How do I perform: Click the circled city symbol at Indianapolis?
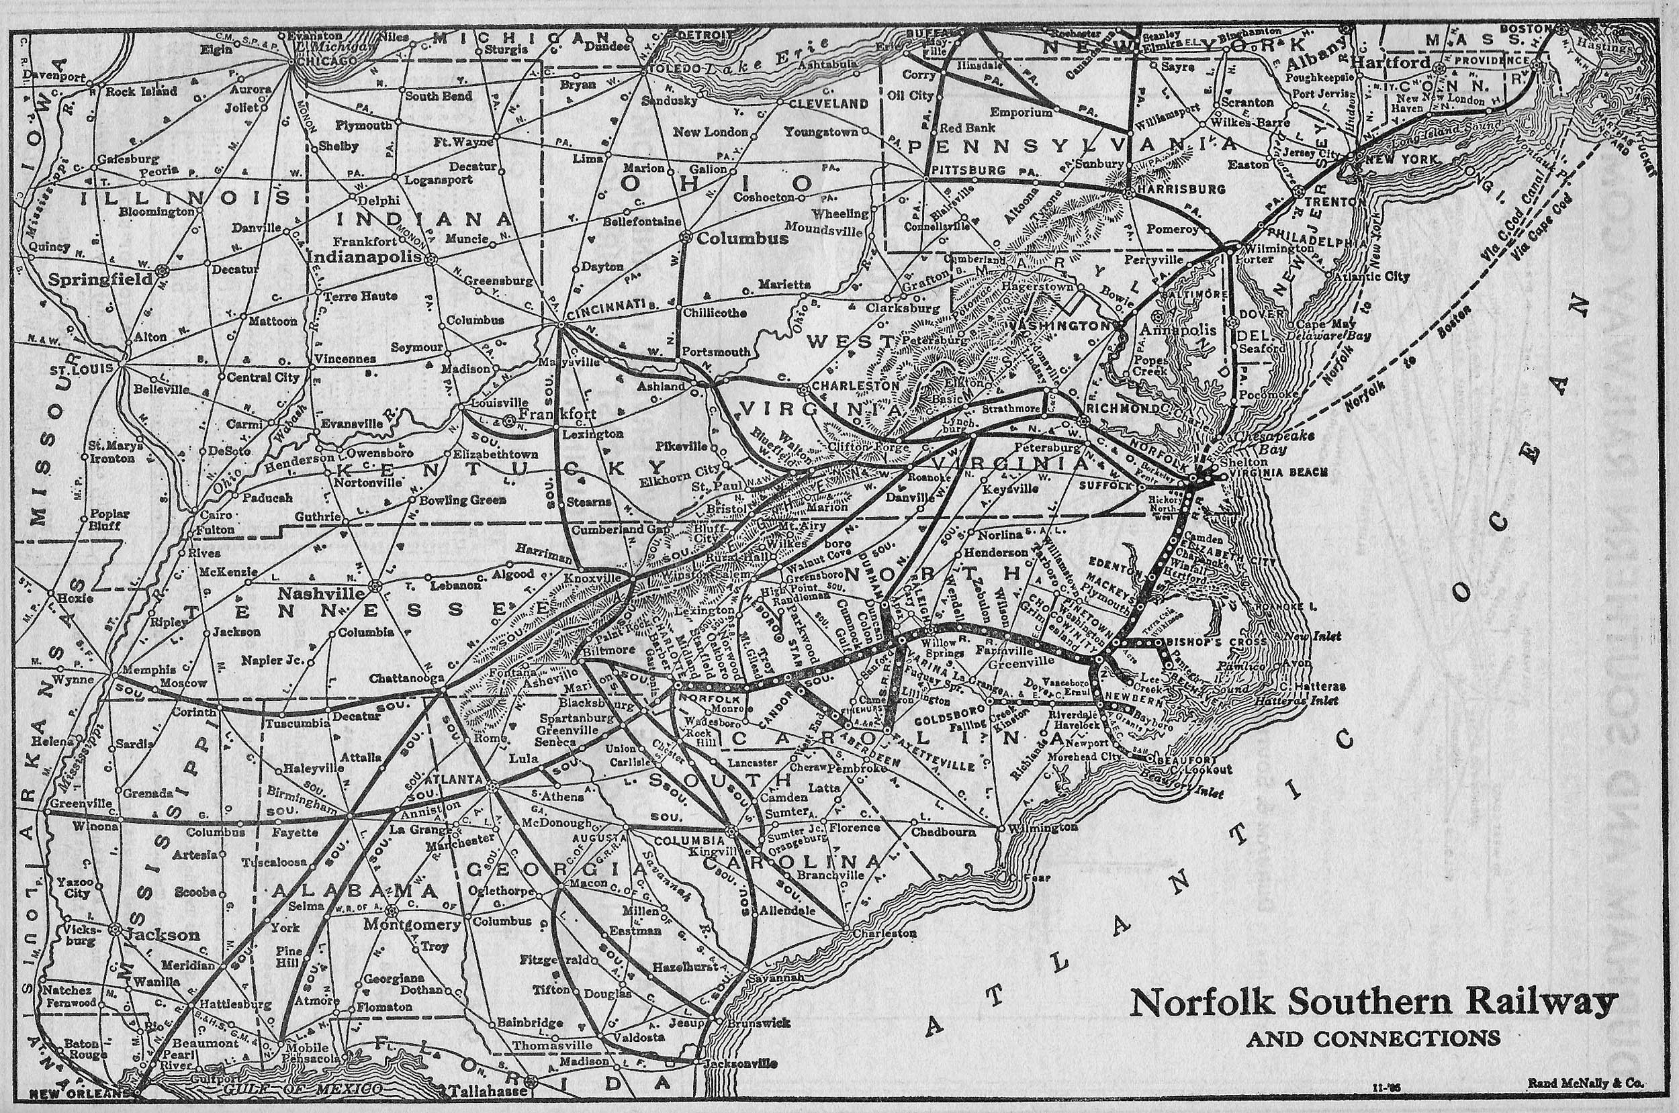(430, 259)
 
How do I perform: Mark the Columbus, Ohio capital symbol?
(686, 237)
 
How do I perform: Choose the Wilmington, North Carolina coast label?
(1040, 828)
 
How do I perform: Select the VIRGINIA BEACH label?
(1276, 472)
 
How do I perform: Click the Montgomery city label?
(412, 924)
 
